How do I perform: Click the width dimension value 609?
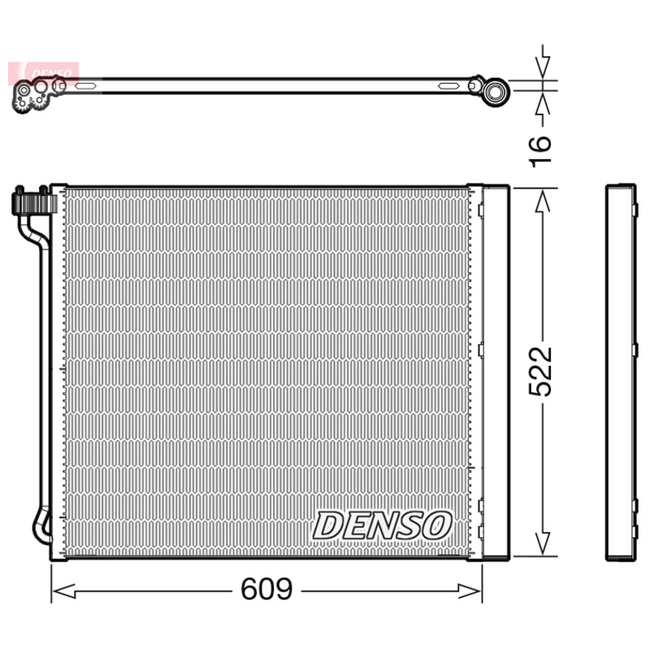[267, 589]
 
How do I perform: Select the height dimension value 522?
[540, 371]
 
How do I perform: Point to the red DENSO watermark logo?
[44, 73]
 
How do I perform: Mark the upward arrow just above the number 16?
[544, 102]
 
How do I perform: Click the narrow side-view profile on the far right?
[621, 371]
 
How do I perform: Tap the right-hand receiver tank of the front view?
[495, 371]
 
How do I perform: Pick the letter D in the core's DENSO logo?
[329, 526]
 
